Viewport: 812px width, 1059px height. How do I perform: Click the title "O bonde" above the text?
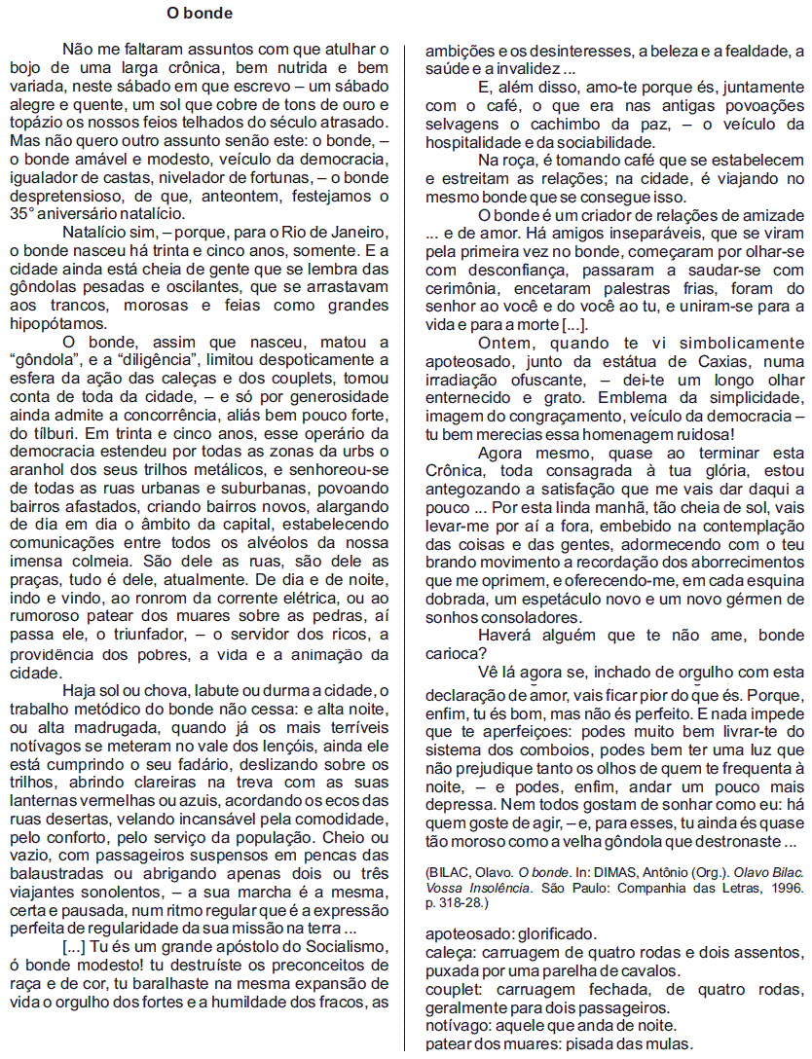[x=199, y=14]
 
